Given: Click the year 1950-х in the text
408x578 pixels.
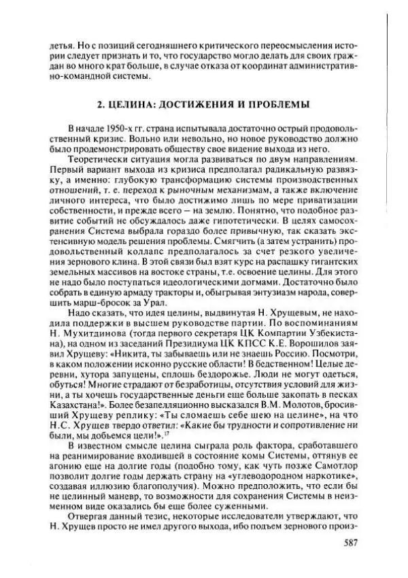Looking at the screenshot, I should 117,129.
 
